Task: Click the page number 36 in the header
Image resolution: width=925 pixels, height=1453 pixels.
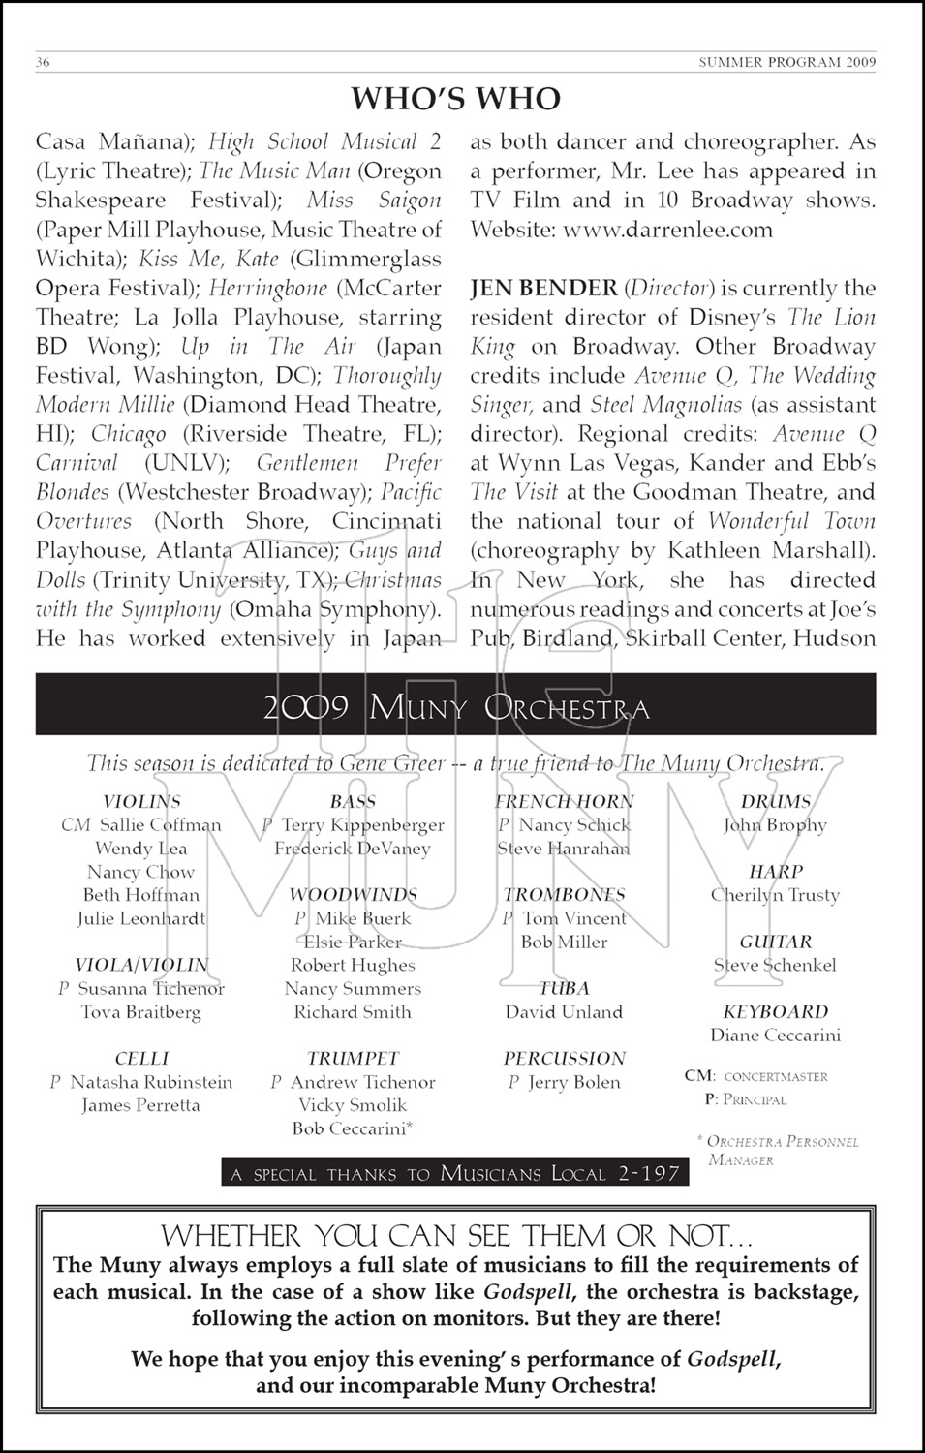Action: [43, 63]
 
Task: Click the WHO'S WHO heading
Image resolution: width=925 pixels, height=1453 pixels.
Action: [455, 99]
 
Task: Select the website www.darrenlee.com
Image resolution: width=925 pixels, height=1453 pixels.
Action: [667, 230]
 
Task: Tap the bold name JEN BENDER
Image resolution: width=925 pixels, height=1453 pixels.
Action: [543, 288]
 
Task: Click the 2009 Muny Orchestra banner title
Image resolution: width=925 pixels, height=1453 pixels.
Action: [455, 708]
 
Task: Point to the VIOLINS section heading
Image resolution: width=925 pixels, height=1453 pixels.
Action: [141, 801]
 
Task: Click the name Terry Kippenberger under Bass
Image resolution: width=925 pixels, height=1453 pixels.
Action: [362, 825]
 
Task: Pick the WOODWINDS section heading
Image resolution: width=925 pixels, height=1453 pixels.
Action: [353, 895]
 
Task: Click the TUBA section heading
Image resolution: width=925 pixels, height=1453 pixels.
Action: [564, 988]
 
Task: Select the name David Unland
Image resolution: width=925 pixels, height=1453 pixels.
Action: [564, 1012]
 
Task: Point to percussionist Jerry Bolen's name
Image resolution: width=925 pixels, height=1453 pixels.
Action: [573, 1082]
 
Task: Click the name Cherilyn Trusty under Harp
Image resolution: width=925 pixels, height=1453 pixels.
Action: [775, 895]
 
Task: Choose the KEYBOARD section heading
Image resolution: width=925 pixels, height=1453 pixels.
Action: [775, 1011]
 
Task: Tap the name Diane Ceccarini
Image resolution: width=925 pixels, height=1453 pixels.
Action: [775, 1035]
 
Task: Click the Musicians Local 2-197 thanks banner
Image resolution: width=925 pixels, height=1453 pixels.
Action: [455, 1174]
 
